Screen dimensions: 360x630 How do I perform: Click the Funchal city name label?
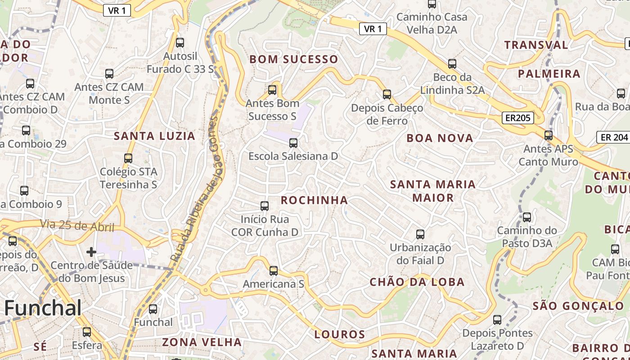43,309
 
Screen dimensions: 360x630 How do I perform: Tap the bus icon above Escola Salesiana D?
293,143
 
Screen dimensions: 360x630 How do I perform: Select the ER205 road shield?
518,118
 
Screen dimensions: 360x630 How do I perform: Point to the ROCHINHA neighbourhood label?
315,200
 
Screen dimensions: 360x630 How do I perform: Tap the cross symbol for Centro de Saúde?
91,252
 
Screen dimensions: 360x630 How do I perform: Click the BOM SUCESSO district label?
294,59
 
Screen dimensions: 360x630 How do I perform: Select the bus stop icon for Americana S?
274,271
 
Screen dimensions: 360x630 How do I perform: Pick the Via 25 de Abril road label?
77,225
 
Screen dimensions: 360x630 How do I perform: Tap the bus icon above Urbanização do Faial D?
420,234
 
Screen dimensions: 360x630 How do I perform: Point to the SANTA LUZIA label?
154,136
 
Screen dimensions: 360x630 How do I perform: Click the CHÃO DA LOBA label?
417,282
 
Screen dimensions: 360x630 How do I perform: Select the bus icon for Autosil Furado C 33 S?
180,43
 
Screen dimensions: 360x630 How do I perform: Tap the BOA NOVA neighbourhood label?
440,138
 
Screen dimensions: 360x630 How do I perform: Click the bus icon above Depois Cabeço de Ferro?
387,94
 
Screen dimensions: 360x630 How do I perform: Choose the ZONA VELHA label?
202,342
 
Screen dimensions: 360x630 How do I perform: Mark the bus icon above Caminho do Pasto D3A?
527,217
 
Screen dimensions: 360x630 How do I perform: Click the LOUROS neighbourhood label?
340,334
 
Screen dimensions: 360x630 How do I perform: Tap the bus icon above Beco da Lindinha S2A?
452,64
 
